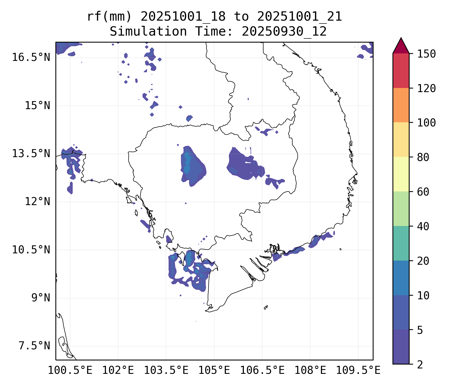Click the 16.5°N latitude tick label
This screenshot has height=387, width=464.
pos(31,57)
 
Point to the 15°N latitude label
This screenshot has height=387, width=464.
pos(37,106)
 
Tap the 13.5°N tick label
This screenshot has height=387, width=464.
pos(31,154)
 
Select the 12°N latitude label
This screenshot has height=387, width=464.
pos(37,201)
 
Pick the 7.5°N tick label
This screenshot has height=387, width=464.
pos(34,346)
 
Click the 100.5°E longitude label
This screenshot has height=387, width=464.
pos(70,370)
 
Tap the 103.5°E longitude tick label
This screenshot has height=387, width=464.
pos(166,370)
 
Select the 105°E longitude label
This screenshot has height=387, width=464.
pos(214,370)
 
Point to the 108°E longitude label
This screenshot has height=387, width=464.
pos(310,370)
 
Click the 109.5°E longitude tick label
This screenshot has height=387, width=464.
pos(358,370)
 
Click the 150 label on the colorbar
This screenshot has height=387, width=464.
pos(426,54)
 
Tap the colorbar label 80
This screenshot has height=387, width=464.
pos(423,157)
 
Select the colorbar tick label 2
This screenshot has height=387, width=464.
pos(420,364)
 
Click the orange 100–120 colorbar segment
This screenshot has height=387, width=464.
pos(401,105)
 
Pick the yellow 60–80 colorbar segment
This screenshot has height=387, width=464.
pos(401,174)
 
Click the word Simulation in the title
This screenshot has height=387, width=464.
pos(148,32)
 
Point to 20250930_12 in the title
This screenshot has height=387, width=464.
pos(284,32)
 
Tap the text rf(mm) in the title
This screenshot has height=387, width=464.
pos(110,17)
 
